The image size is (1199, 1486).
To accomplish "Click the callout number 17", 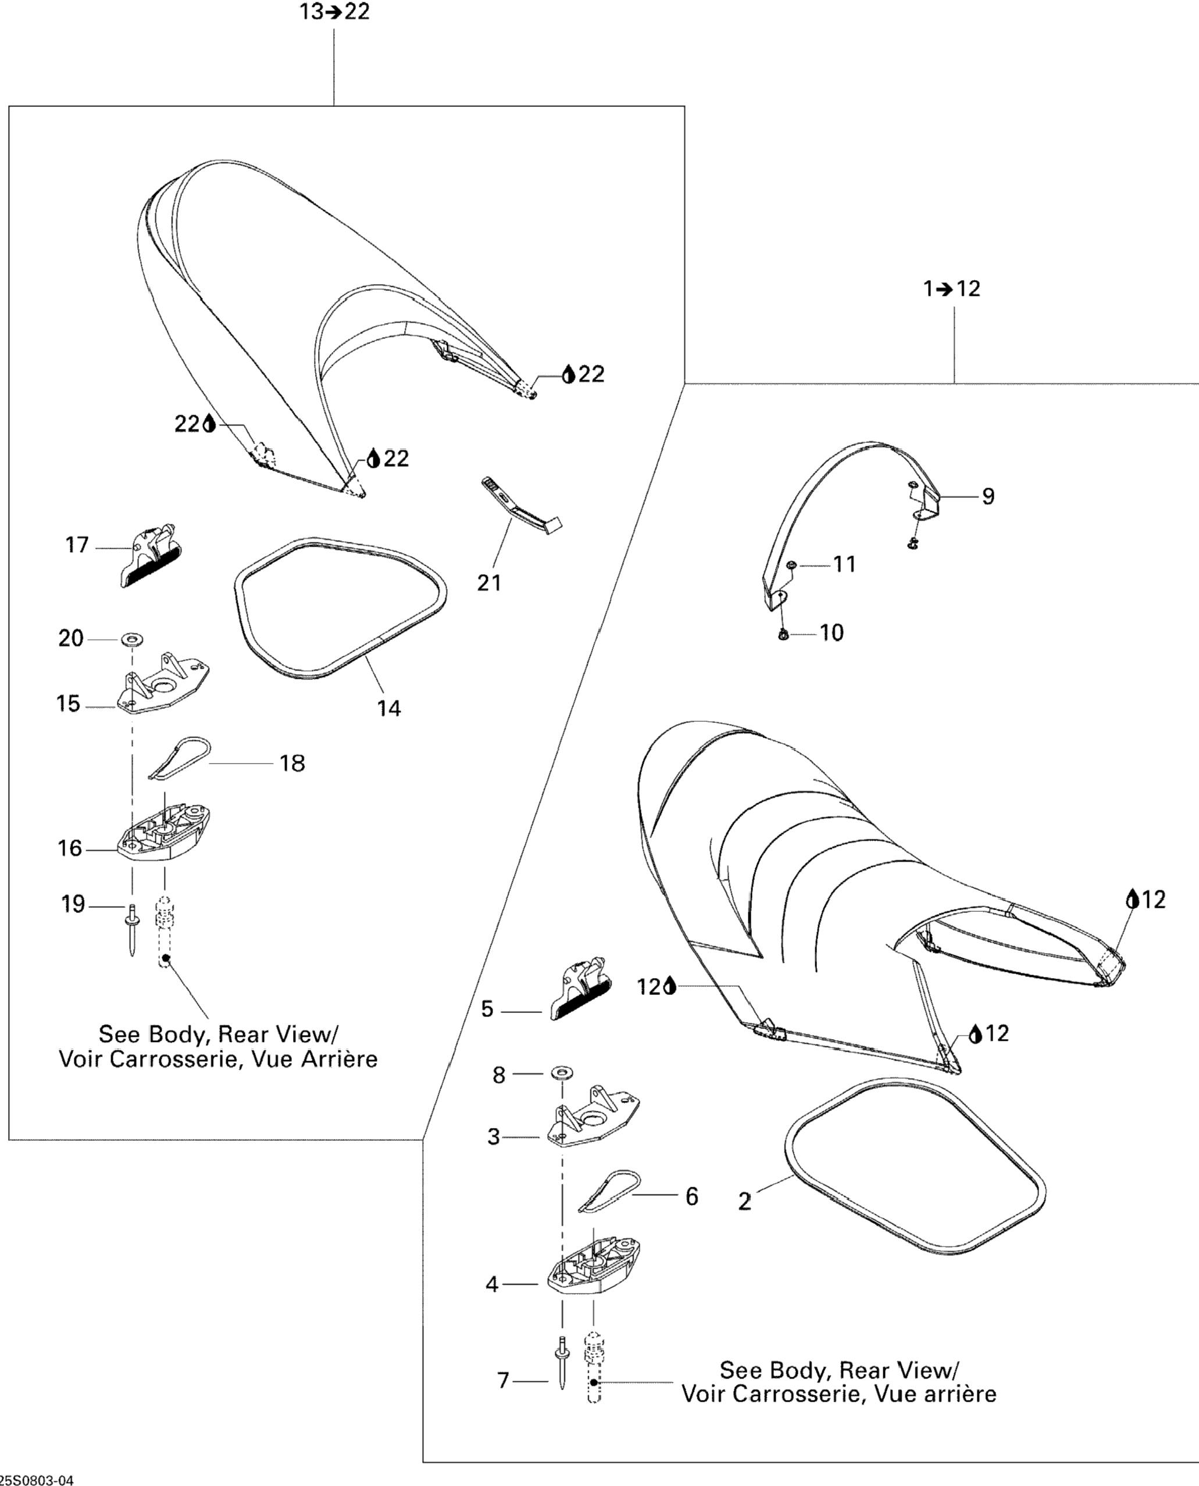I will [x=77, y=545].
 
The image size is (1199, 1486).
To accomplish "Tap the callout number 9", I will [x=988, y=496].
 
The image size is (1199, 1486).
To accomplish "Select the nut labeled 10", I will [x=783, y=633].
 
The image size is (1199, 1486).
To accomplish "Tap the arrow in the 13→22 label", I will [x=335, y=12].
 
